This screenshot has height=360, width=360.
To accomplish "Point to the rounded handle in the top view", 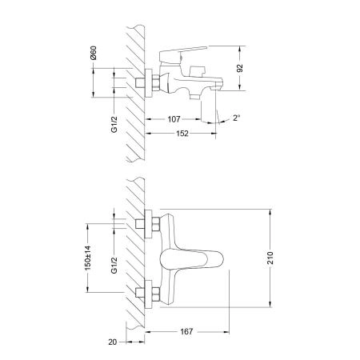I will tap(192, 259).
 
